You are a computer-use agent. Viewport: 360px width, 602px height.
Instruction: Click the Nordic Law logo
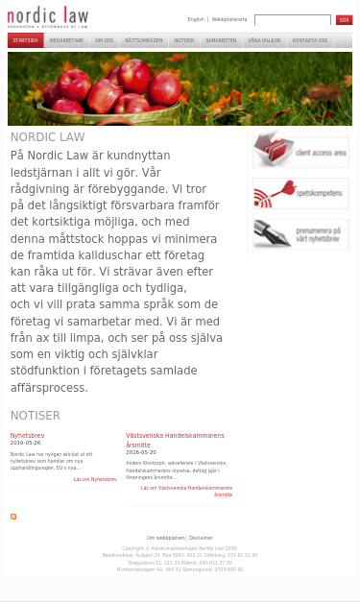click(x=47, y=16)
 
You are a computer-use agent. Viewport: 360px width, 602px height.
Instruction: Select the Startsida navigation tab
click(x=25, y=41)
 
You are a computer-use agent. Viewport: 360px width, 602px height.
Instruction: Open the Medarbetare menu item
click(x=66, y=41)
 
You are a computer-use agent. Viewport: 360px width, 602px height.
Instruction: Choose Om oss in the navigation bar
click(x=104, y=41)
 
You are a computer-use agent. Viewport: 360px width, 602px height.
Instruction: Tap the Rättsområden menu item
click(x=143, y=41)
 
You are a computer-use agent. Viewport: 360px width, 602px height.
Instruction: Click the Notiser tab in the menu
click(x=184, y=41)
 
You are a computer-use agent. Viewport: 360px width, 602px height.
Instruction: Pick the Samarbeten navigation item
click(x=221, y=41)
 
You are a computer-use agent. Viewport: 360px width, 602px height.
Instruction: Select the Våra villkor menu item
click(x=264, y=41)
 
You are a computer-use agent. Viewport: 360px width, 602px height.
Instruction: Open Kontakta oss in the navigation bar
click(x=310, y=41)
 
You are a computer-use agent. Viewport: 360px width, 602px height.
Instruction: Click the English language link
click(x=196, y=19)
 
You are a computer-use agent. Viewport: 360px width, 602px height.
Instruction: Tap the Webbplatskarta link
click(x=228, y=19)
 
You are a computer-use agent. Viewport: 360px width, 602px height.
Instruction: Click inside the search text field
click(x=292, y=20)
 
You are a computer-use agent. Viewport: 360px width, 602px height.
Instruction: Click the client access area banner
click(x=300, y=151)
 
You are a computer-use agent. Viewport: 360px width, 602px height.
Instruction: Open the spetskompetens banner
click(x=300, y=193)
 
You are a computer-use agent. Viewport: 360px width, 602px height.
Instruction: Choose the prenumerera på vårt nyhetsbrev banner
click(x=300, y=233)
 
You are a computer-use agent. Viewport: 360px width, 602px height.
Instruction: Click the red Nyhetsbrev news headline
click(x=27, y=435)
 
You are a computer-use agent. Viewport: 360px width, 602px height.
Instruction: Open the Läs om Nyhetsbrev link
click(x=95, y=479)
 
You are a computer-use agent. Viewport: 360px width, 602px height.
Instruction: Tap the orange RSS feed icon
click(x=13, y=517)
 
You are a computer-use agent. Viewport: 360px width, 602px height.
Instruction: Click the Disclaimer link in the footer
click(x=201, y=538)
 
